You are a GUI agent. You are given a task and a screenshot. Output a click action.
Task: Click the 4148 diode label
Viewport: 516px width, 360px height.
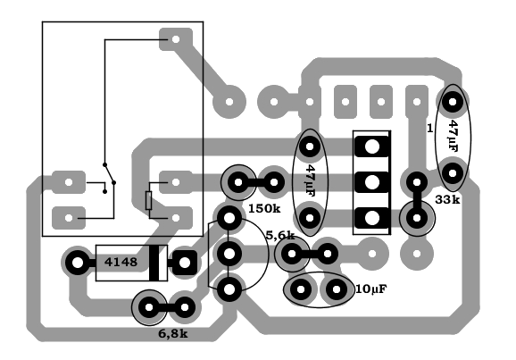121,262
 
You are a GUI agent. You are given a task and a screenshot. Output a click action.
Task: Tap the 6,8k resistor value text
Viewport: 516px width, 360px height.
173,334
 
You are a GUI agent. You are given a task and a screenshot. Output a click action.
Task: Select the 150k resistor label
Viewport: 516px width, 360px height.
264,208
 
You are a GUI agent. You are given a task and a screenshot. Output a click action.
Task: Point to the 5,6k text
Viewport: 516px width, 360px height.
280,235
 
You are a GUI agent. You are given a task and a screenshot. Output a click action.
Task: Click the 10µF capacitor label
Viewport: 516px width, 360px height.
371,289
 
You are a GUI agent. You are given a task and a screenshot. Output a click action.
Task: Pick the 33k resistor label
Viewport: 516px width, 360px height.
447,199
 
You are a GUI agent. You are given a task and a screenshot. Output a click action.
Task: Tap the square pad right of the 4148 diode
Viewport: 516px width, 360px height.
185,263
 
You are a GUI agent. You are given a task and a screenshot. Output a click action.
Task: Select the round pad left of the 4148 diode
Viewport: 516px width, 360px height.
78,263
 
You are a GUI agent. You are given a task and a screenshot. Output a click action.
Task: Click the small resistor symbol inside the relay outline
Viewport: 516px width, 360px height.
149,200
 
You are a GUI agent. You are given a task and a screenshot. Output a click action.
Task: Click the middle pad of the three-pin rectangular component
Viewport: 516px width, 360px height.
372,182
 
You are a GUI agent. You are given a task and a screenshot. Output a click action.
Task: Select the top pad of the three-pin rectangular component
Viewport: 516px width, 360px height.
372,147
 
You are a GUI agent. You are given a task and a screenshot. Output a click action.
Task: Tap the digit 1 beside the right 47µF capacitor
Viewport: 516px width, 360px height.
429,129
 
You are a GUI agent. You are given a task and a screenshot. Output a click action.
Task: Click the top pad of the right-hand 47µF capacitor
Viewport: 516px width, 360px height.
453,102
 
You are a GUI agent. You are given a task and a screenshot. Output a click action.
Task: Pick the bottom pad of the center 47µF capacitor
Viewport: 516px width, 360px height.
310,218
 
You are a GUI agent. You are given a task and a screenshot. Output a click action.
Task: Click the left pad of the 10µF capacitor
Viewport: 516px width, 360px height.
301,289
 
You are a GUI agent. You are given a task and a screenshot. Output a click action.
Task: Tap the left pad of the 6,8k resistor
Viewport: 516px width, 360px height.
149,307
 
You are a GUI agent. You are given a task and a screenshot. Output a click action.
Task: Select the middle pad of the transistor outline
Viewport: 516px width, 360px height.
229,254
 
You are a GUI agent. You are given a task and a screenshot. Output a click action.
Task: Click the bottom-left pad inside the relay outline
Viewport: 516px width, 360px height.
69,218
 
